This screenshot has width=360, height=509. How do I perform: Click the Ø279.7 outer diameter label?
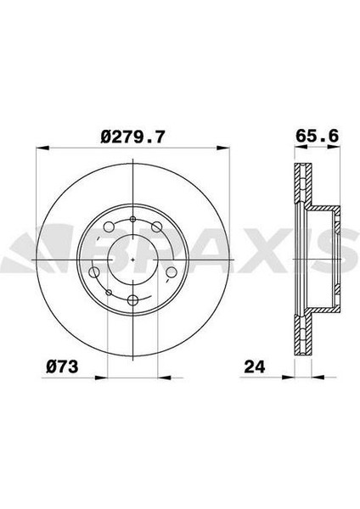(x=134, y=135)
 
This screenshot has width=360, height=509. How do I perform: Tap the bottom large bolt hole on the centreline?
(x=134, y=299)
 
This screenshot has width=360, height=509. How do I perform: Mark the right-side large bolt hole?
(x=172, y=271)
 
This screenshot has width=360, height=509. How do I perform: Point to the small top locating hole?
(x=134, y=219)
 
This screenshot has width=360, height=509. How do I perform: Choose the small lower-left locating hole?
(x=109, y=293)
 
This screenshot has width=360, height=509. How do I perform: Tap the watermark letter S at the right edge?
(x=348, y=255)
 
